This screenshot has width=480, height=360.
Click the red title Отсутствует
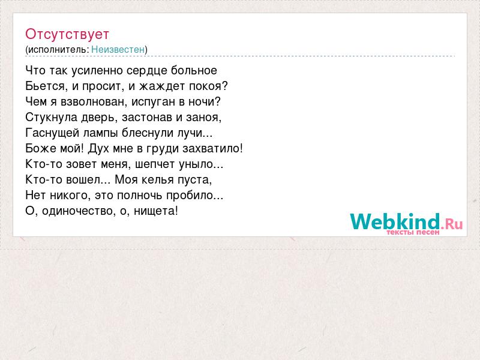click(x=67, y=34)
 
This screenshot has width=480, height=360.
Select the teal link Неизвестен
click(x=118, y=49)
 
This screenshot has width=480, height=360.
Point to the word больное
click(x=194, y=70)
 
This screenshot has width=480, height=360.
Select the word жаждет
click(x=162, y=86)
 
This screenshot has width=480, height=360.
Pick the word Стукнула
click(x=52, y=117)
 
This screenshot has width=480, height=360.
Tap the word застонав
click(x=147, y=118)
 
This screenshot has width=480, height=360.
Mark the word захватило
click(x=211, y=149)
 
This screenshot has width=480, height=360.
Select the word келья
click(x=159, y=179)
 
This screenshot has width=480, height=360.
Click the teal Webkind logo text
click(x=395, y=221)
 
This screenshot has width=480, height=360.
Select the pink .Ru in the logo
click(x=452, y=224)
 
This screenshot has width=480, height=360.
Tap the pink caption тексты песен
click(x=413, y=232)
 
